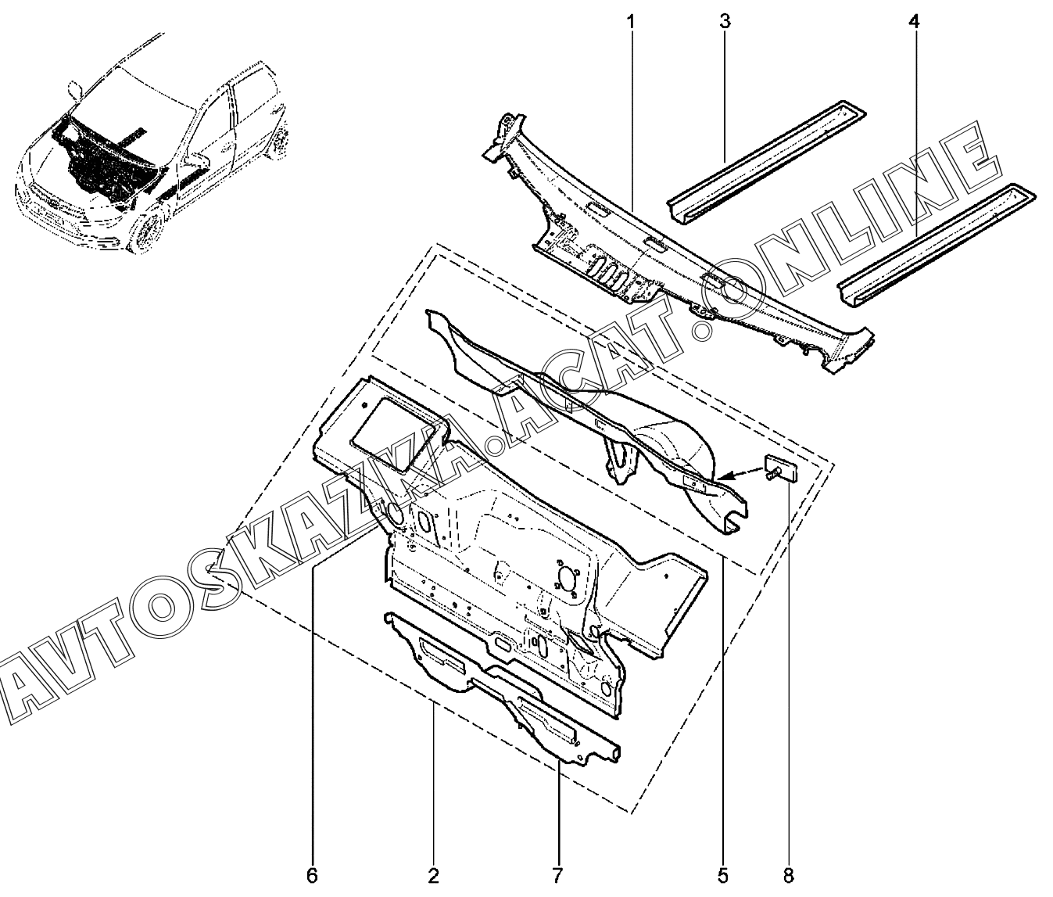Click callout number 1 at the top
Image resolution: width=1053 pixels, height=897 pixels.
point(630,21)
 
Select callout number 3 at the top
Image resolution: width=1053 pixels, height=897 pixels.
point(725,21)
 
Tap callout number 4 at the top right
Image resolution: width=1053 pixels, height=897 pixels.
point(914,21)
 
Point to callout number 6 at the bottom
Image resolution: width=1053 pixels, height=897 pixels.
point(312,874)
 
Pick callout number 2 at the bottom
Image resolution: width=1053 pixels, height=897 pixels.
point(434,874)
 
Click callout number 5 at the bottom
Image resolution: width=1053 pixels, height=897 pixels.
point(722,874)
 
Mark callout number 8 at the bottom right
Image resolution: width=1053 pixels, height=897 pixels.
point(787,874)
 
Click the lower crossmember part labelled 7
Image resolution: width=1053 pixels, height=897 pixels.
point(500,688)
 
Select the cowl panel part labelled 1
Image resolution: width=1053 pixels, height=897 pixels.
point(672,250)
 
